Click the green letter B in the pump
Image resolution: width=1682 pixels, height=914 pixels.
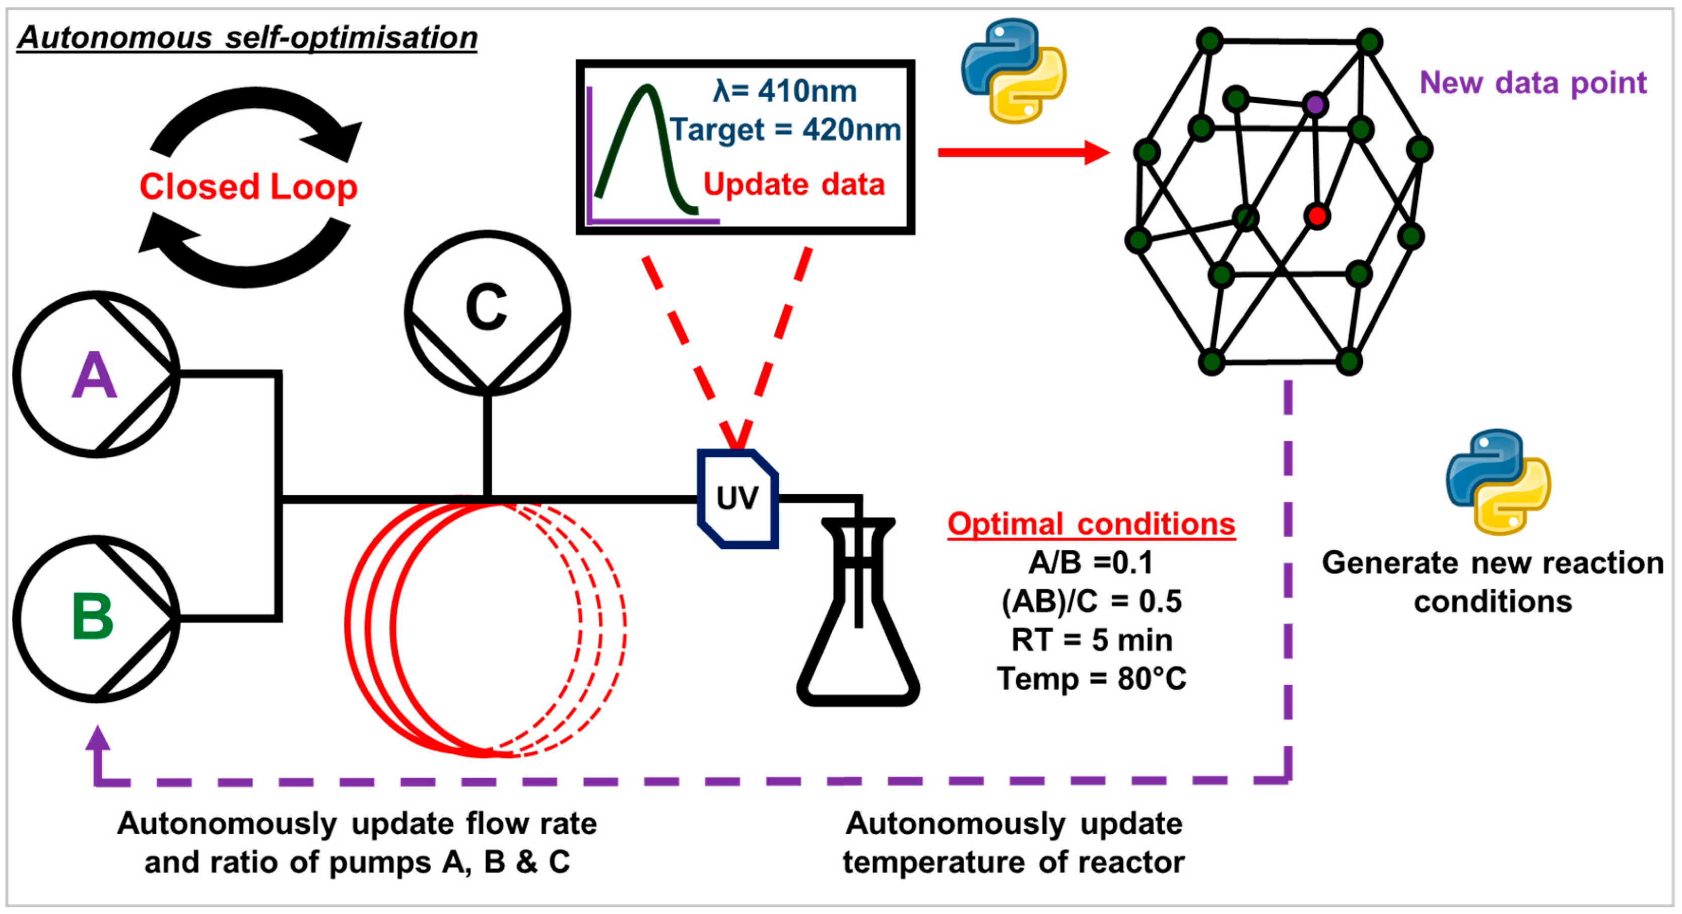point(93,617)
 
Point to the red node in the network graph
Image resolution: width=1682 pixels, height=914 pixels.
point(1317,216)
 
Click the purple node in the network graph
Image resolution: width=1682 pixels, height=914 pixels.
point(1315,104)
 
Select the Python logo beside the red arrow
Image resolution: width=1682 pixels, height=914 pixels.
point(1014,71)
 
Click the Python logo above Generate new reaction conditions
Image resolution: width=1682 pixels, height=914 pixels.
point(1498,482)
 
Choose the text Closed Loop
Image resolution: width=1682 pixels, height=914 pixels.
point(248,187)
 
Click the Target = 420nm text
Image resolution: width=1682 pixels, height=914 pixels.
point(785,130)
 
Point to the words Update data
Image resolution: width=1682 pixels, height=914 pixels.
point(794,184)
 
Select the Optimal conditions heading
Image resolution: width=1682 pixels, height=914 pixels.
point(1091,524)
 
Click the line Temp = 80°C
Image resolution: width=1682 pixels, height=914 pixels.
point(1091,679)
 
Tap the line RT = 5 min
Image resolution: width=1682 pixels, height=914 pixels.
point(1091,639)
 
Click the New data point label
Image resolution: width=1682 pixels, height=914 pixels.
point(1533,83)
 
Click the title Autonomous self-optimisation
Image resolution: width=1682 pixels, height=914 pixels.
point(247,37)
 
